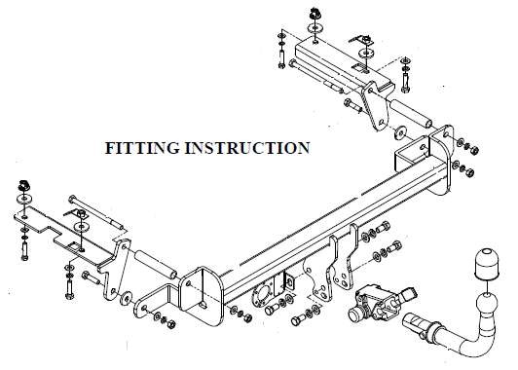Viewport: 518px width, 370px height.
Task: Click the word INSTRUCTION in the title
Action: click(247, 148)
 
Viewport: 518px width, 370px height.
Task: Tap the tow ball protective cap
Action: click(487, 263)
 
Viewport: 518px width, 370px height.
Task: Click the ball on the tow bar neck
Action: click(487, 303)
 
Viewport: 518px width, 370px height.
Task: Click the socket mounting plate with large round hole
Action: click(263, 295)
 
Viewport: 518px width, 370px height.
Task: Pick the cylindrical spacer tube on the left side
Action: click(155, 264)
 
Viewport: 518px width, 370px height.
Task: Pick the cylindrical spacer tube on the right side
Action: click(411, 114)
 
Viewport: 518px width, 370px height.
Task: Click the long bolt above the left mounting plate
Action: click(95, 213)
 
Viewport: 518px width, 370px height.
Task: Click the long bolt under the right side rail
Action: click(316, 77)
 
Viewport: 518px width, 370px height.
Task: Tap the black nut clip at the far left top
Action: click(24, 185)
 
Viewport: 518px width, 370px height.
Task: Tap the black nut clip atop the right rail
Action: click(314, 14)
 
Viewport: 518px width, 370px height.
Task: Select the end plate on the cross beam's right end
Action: click(441, 160)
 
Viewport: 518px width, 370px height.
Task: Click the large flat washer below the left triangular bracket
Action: click(127, 298)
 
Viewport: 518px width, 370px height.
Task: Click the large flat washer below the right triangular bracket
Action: click(400, 132)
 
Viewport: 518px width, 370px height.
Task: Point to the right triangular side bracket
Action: click(375, 105)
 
